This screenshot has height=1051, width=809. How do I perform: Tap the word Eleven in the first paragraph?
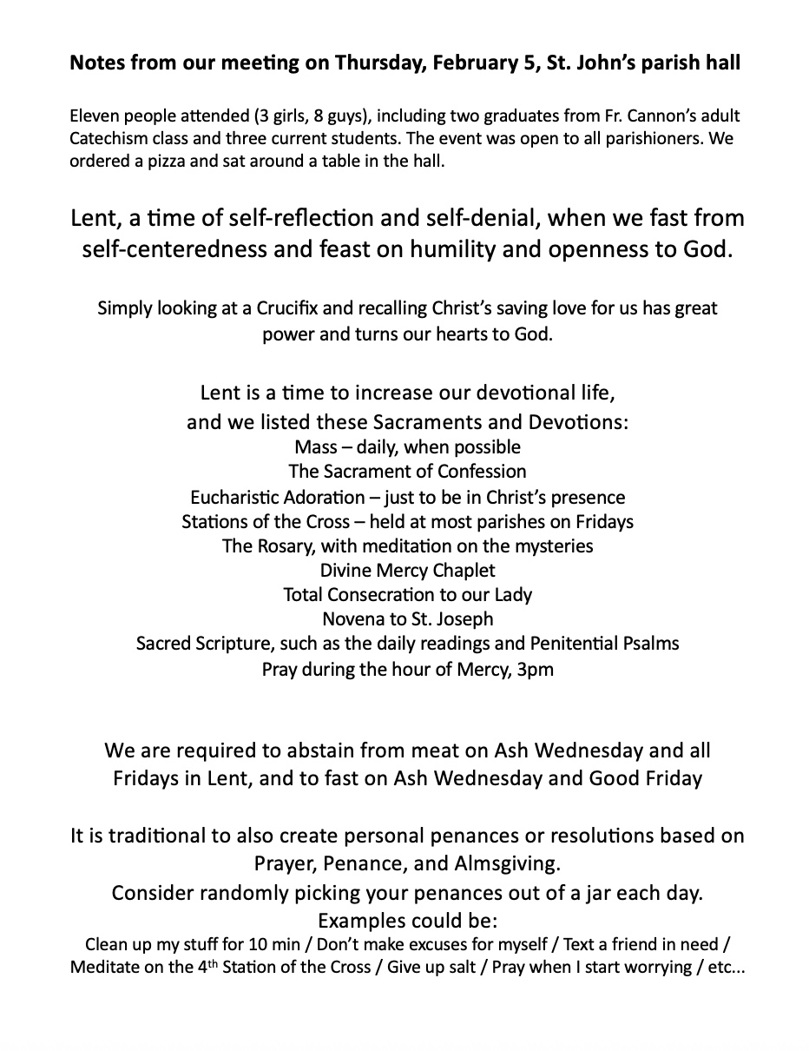[x=94, y=116]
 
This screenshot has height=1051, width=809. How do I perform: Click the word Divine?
[x=348, y=571]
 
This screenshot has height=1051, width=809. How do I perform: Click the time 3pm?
[x=536, y=670]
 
